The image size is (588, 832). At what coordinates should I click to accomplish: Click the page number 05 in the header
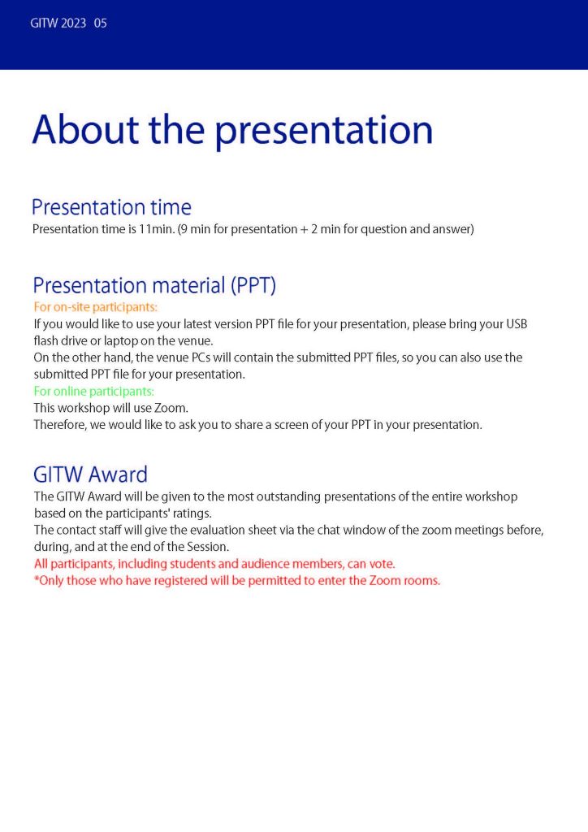[x=100, y=24]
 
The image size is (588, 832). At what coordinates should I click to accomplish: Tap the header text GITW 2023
[x=58, y=24]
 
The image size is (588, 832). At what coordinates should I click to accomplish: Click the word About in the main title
[x=85, y=129]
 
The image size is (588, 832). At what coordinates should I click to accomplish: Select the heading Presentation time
[x=111, y=207]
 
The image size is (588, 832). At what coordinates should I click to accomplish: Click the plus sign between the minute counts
[x=304, y=230]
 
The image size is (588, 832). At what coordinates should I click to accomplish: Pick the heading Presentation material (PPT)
[x=154, y=285]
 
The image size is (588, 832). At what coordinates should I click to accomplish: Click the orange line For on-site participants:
[x=96, y=306]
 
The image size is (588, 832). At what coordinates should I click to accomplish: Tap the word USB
[x=517, y=323]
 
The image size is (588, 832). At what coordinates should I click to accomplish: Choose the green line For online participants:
[x=94, y=391]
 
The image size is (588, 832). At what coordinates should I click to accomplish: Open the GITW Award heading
[x=90, y=474]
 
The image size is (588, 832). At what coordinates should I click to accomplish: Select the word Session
[x=208, y=547]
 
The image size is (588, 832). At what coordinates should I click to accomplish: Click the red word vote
[x=382, y=564]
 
